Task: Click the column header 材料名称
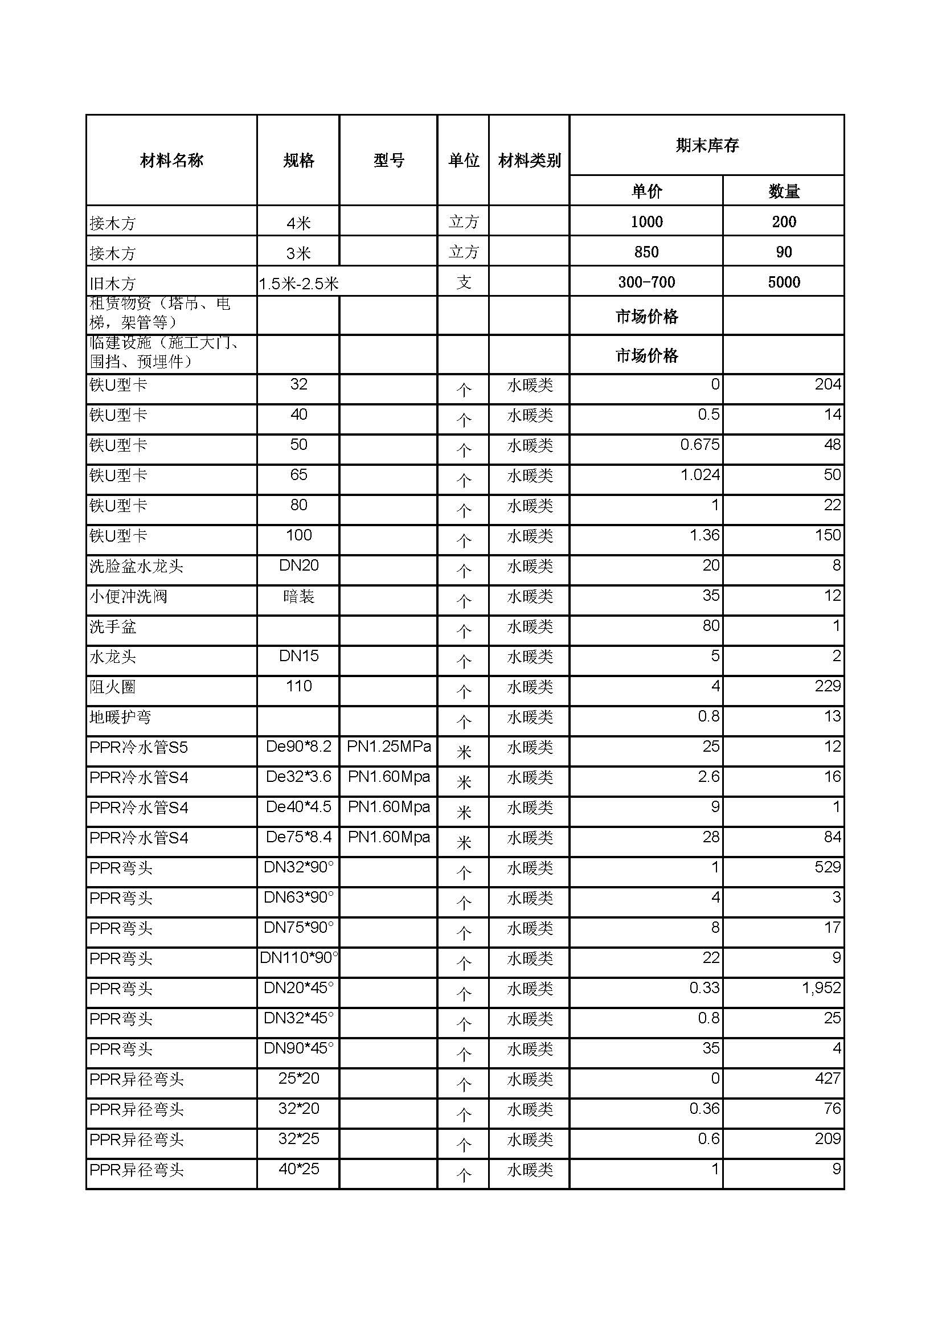(171, 161)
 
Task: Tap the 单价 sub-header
(646, 191)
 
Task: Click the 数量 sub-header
(784, 191)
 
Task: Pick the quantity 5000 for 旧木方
(784, 282)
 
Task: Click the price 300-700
(646, 282)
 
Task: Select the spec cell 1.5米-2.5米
(299, 283)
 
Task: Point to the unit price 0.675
(699, 444)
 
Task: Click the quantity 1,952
(821, 987)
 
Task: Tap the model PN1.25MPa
(388, 746)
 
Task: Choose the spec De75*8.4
(299, 837)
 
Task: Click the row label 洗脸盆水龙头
(136, 565)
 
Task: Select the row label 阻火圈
(113, 687)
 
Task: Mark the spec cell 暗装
(299, 596)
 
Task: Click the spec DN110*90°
(299, 957)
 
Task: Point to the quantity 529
(827, 867)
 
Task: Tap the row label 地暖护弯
(120, 717)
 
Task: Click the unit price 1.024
(699, 474)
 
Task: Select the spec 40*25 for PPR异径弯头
(299, 1169)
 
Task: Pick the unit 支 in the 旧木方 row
(464, 282)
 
